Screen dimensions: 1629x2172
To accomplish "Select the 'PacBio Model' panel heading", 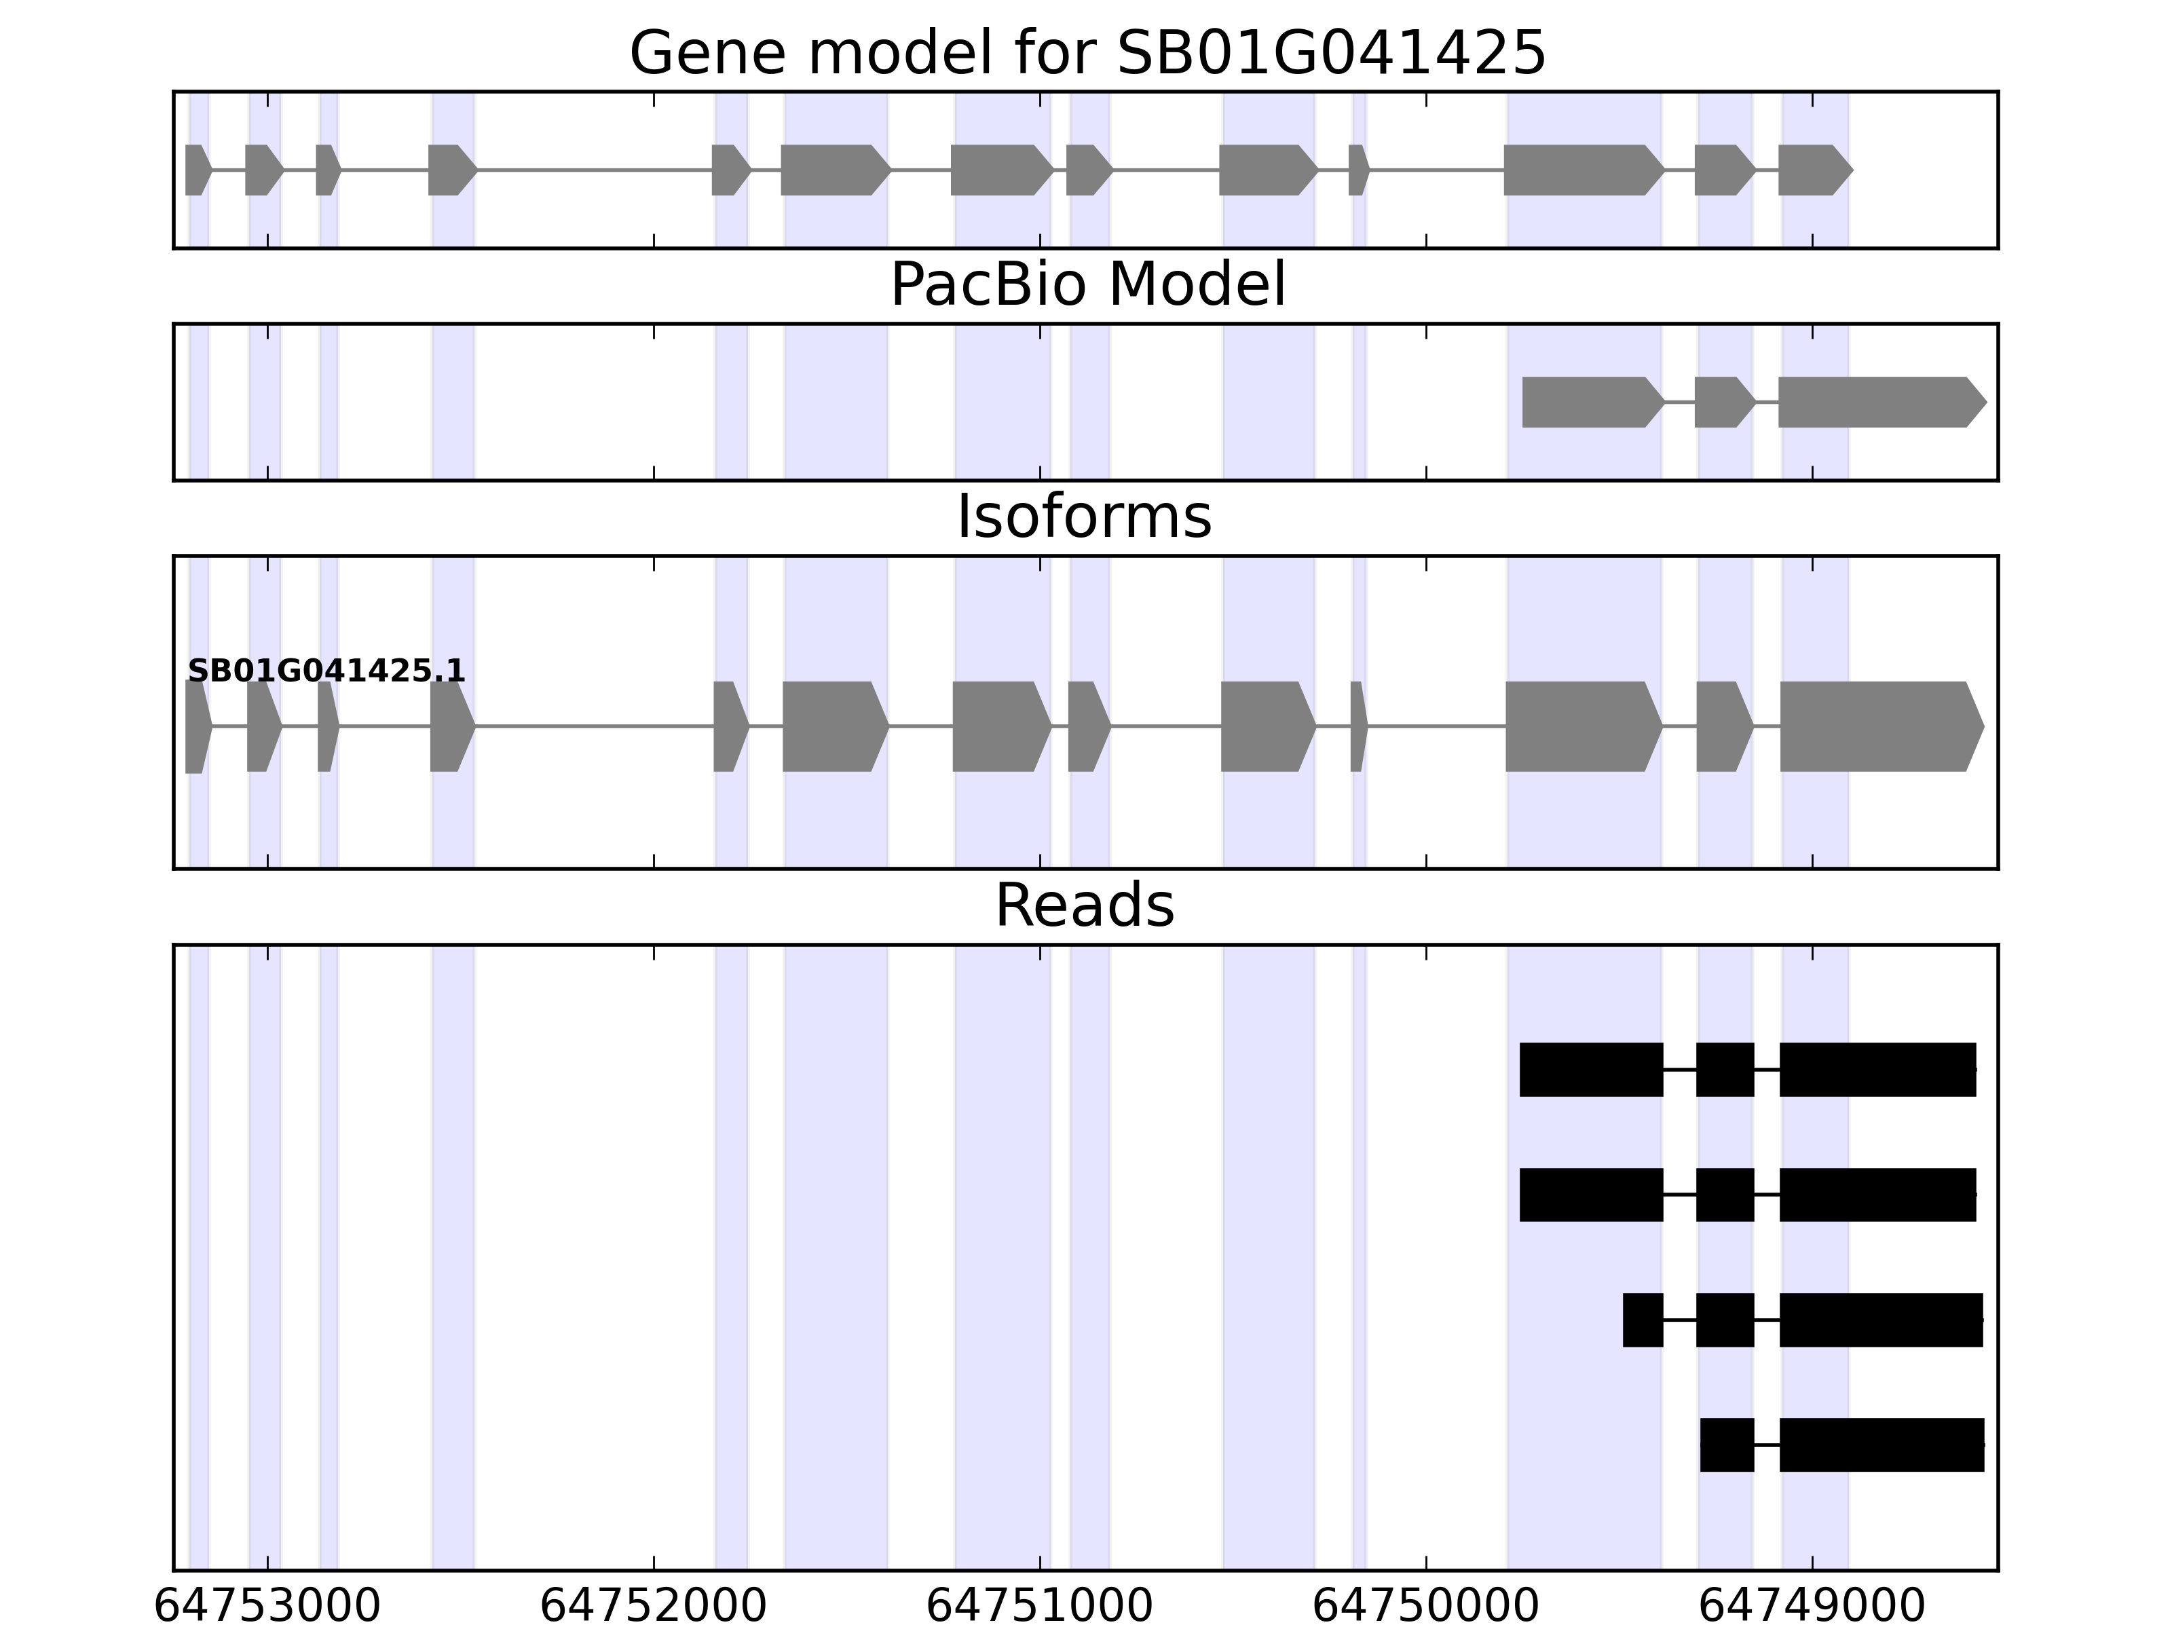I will point(1087,285).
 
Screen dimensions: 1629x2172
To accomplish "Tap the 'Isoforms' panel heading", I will point(1084,517).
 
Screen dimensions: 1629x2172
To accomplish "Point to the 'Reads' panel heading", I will point(1084,905).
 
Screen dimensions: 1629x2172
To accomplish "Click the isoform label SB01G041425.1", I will point(326,672).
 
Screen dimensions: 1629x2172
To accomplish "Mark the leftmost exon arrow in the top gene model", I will point(196,170).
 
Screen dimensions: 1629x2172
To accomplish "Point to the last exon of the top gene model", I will point(1813,170).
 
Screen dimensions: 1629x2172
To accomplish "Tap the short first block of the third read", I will point(1643,1319).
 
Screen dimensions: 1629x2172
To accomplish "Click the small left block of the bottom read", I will point(1727,1444).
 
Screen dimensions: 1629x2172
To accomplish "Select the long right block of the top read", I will point(1877,1069).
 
